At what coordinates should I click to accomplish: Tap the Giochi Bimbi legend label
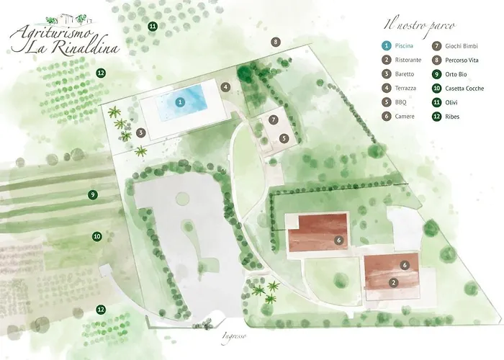coord(463,45)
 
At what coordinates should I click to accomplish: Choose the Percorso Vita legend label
coord(466,60)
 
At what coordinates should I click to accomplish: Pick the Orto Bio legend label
coord(459,73)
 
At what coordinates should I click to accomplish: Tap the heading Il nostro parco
coord(419,26)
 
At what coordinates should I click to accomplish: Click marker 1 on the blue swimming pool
coord(181,102)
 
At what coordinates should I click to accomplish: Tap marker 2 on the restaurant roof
coord(394,283)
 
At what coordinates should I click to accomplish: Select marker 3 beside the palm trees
coord(141,132)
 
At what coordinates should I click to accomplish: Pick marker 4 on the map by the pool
coord(225,87)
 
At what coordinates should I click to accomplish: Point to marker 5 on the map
coord(284,138)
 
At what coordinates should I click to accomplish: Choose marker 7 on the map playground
coord(274,119)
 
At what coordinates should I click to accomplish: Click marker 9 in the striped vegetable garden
coord(92,194)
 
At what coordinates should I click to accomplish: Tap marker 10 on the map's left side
coord(96,236)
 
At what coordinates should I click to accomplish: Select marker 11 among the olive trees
coord(153,27)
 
